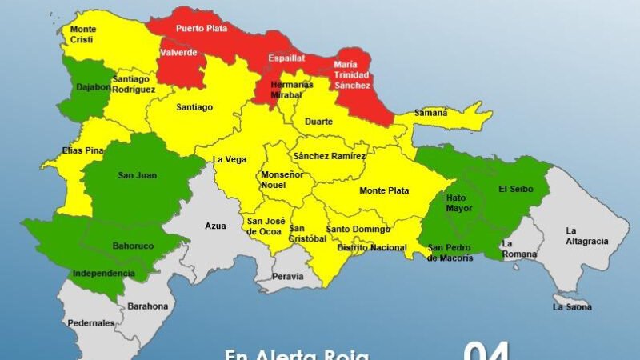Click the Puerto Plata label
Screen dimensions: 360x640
(202, 27)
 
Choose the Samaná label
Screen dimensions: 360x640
(430, 113)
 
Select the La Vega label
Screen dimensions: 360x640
(229, 159)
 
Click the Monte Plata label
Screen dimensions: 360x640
(384, 190)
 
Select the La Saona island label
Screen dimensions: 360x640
(572, 306)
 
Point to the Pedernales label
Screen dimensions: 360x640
(91, 322)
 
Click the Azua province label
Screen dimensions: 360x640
(215, 226)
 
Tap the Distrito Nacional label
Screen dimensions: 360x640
(372, 248)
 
